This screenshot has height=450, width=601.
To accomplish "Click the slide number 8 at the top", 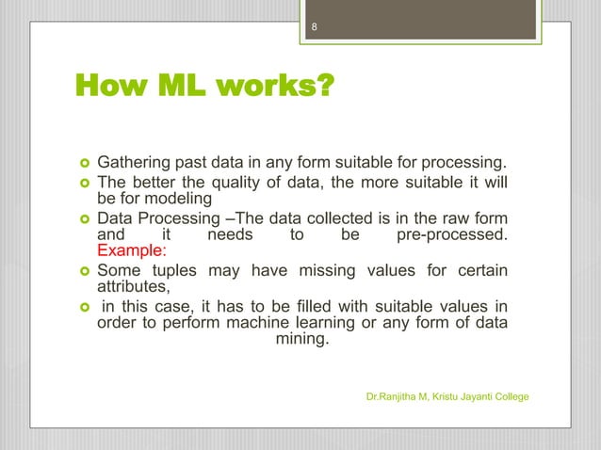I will [x=316, y=27].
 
